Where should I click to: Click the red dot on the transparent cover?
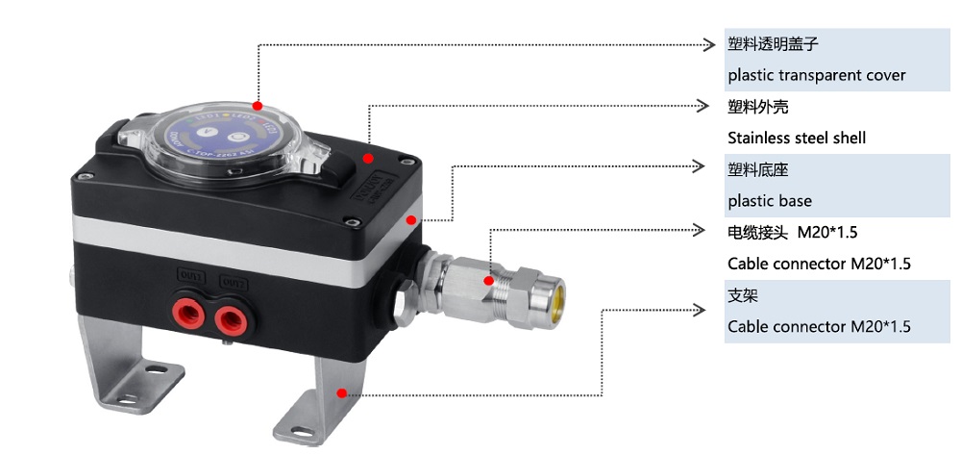point(258,105)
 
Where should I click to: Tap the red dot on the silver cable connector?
point(490,282)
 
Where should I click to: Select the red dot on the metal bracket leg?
point(341,392)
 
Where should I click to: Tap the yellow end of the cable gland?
point(554,289)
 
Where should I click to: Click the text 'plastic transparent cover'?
point(816,75)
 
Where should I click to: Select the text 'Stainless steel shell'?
point(797,138)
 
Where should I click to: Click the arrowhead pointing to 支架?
point(701,310)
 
